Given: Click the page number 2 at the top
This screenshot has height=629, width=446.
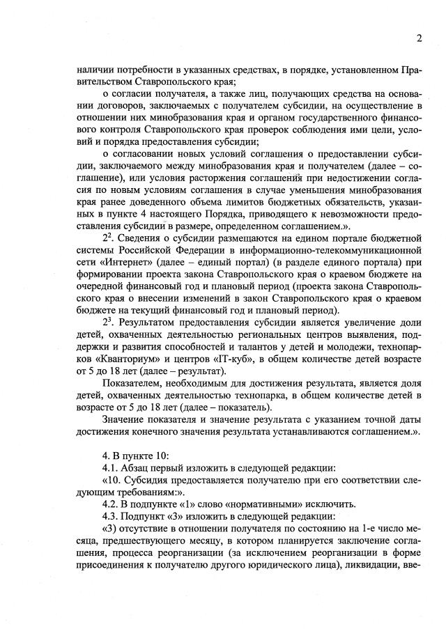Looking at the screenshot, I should [x=420, y=38].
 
